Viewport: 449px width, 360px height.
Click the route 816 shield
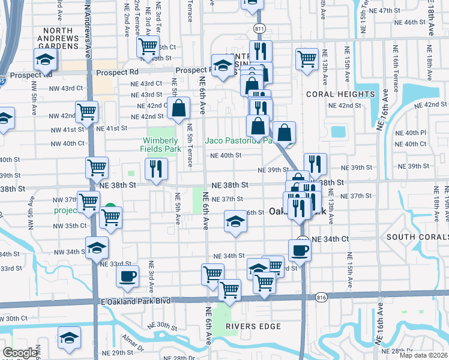coord(321,297)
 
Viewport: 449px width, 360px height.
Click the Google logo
coord(20,353)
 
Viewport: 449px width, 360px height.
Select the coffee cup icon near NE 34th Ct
coord(300,249)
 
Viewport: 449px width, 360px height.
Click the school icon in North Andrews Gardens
coord(46,59)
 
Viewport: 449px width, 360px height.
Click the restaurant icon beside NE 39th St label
coord(315,164)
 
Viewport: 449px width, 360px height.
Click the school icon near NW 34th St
coord(97,247)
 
